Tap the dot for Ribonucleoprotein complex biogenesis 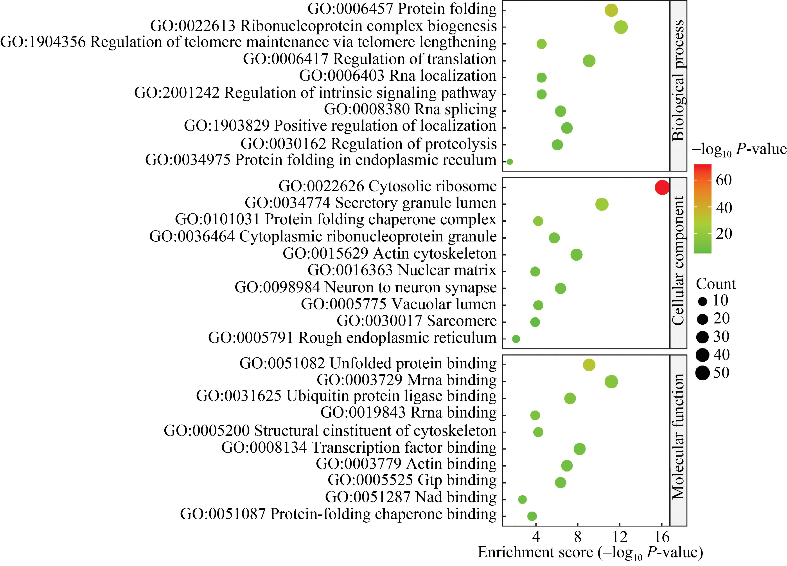coord(621,27)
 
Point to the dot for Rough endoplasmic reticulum coord(516,339)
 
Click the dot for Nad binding coord(522,499)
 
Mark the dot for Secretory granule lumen coord(602,204)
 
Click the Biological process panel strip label coord(678,81)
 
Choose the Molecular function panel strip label coord(678,436)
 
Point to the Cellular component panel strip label coord(678,261)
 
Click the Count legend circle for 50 coord(702,373)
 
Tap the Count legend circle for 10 coord(702,301)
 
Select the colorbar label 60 coord(724,180)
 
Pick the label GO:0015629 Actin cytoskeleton coord(389,254)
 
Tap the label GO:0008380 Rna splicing coord(410,110)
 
